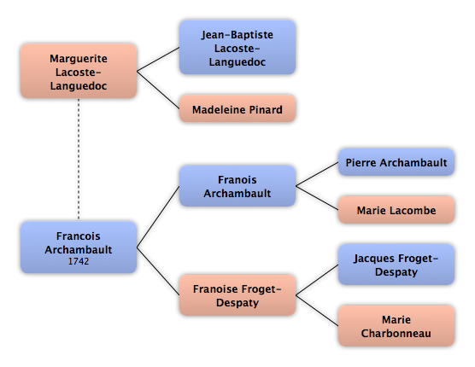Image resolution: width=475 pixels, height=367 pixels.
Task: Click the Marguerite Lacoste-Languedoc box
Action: [79, 71]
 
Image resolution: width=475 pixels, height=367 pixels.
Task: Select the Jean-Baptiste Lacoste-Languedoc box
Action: [237, 48]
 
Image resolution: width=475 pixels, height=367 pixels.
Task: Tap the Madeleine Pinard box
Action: [237, 109]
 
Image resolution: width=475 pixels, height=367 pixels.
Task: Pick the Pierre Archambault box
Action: [396, 162]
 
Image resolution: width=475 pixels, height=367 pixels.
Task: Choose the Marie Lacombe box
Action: [396, 210]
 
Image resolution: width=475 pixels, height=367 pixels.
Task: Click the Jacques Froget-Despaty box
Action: [396, 265]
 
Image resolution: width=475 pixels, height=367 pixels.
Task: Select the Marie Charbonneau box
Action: [396, 326]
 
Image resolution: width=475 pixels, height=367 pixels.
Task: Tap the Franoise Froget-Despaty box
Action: [237, 295]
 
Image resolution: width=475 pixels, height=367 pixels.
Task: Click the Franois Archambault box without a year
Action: [237, 186]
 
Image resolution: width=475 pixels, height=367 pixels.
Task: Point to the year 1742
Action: [79, 261]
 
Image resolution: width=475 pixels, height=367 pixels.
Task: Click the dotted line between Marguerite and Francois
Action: [79, 160]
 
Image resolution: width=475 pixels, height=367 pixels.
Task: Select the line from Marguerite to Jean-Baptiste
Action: [158, 59]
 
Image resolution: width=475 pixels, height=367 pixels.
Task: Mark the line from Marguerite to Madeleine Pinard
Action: [158, 90]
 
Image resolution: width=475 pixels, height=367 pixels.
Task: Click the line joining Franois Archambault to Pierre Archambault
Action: [317, 174]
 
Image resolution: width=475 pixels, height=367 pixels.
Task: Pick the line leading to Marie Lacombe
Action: [317, 198]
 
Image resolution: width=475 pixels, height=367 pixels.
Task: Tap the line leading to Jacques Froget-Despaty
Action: [317, 280]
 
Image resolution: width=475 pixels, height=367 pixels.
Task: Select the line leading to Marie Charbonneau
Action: [317, 311]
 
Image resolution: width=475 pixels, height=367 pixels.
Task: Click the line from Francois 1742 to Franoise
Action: [158, 271]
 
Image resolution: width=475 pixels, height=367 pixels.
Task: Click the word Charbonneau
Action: [396, 333]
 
